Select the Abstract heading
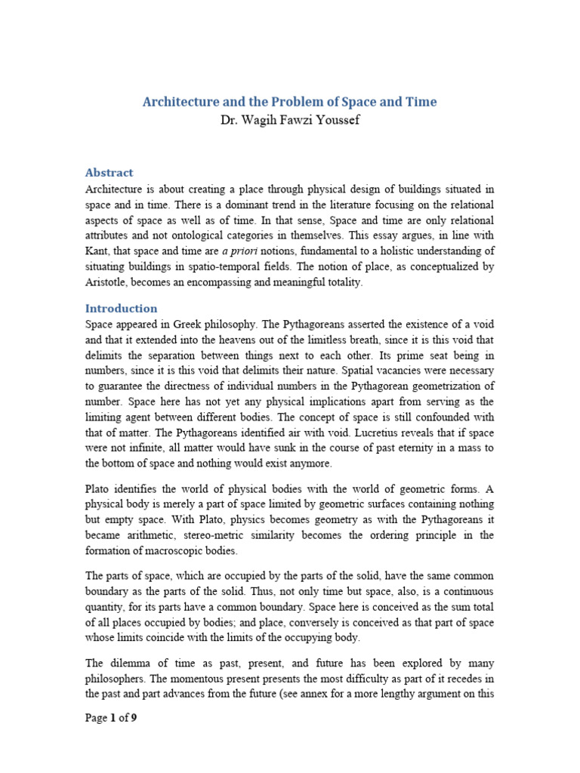click(109, 172)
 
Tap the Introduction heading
click(121, 308)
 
